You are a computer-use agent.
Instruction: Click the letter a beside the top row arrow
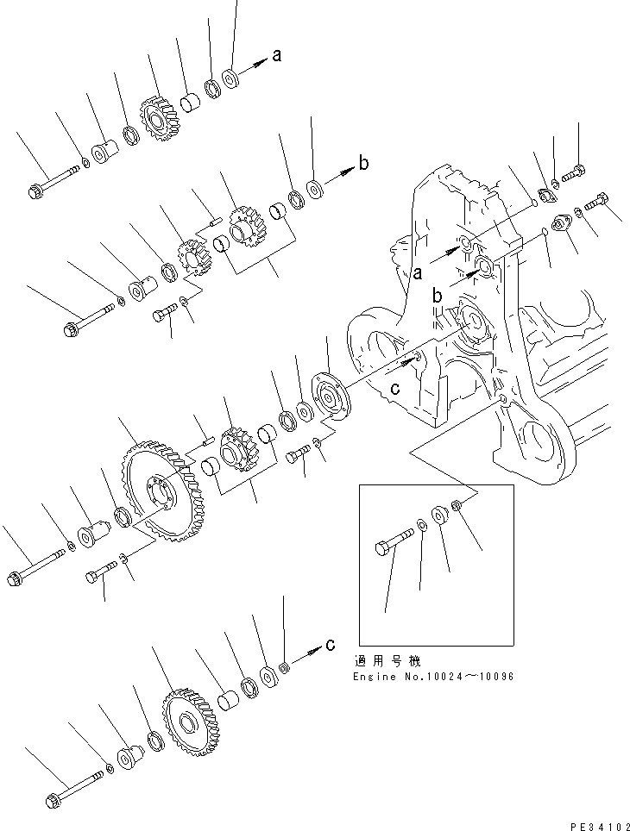[276, 56]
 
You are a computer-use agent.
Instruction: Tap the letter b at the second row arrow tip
[363, 163]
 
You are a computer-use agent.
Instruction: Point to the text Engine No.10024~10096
[433, 677]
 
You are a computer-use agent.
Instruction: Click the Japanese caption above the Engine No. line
[387, 661]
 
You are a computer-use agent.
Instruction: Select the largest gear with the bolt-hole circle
[154, 494]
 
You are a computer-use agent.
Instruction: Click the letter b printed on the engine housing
[438, 296]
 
